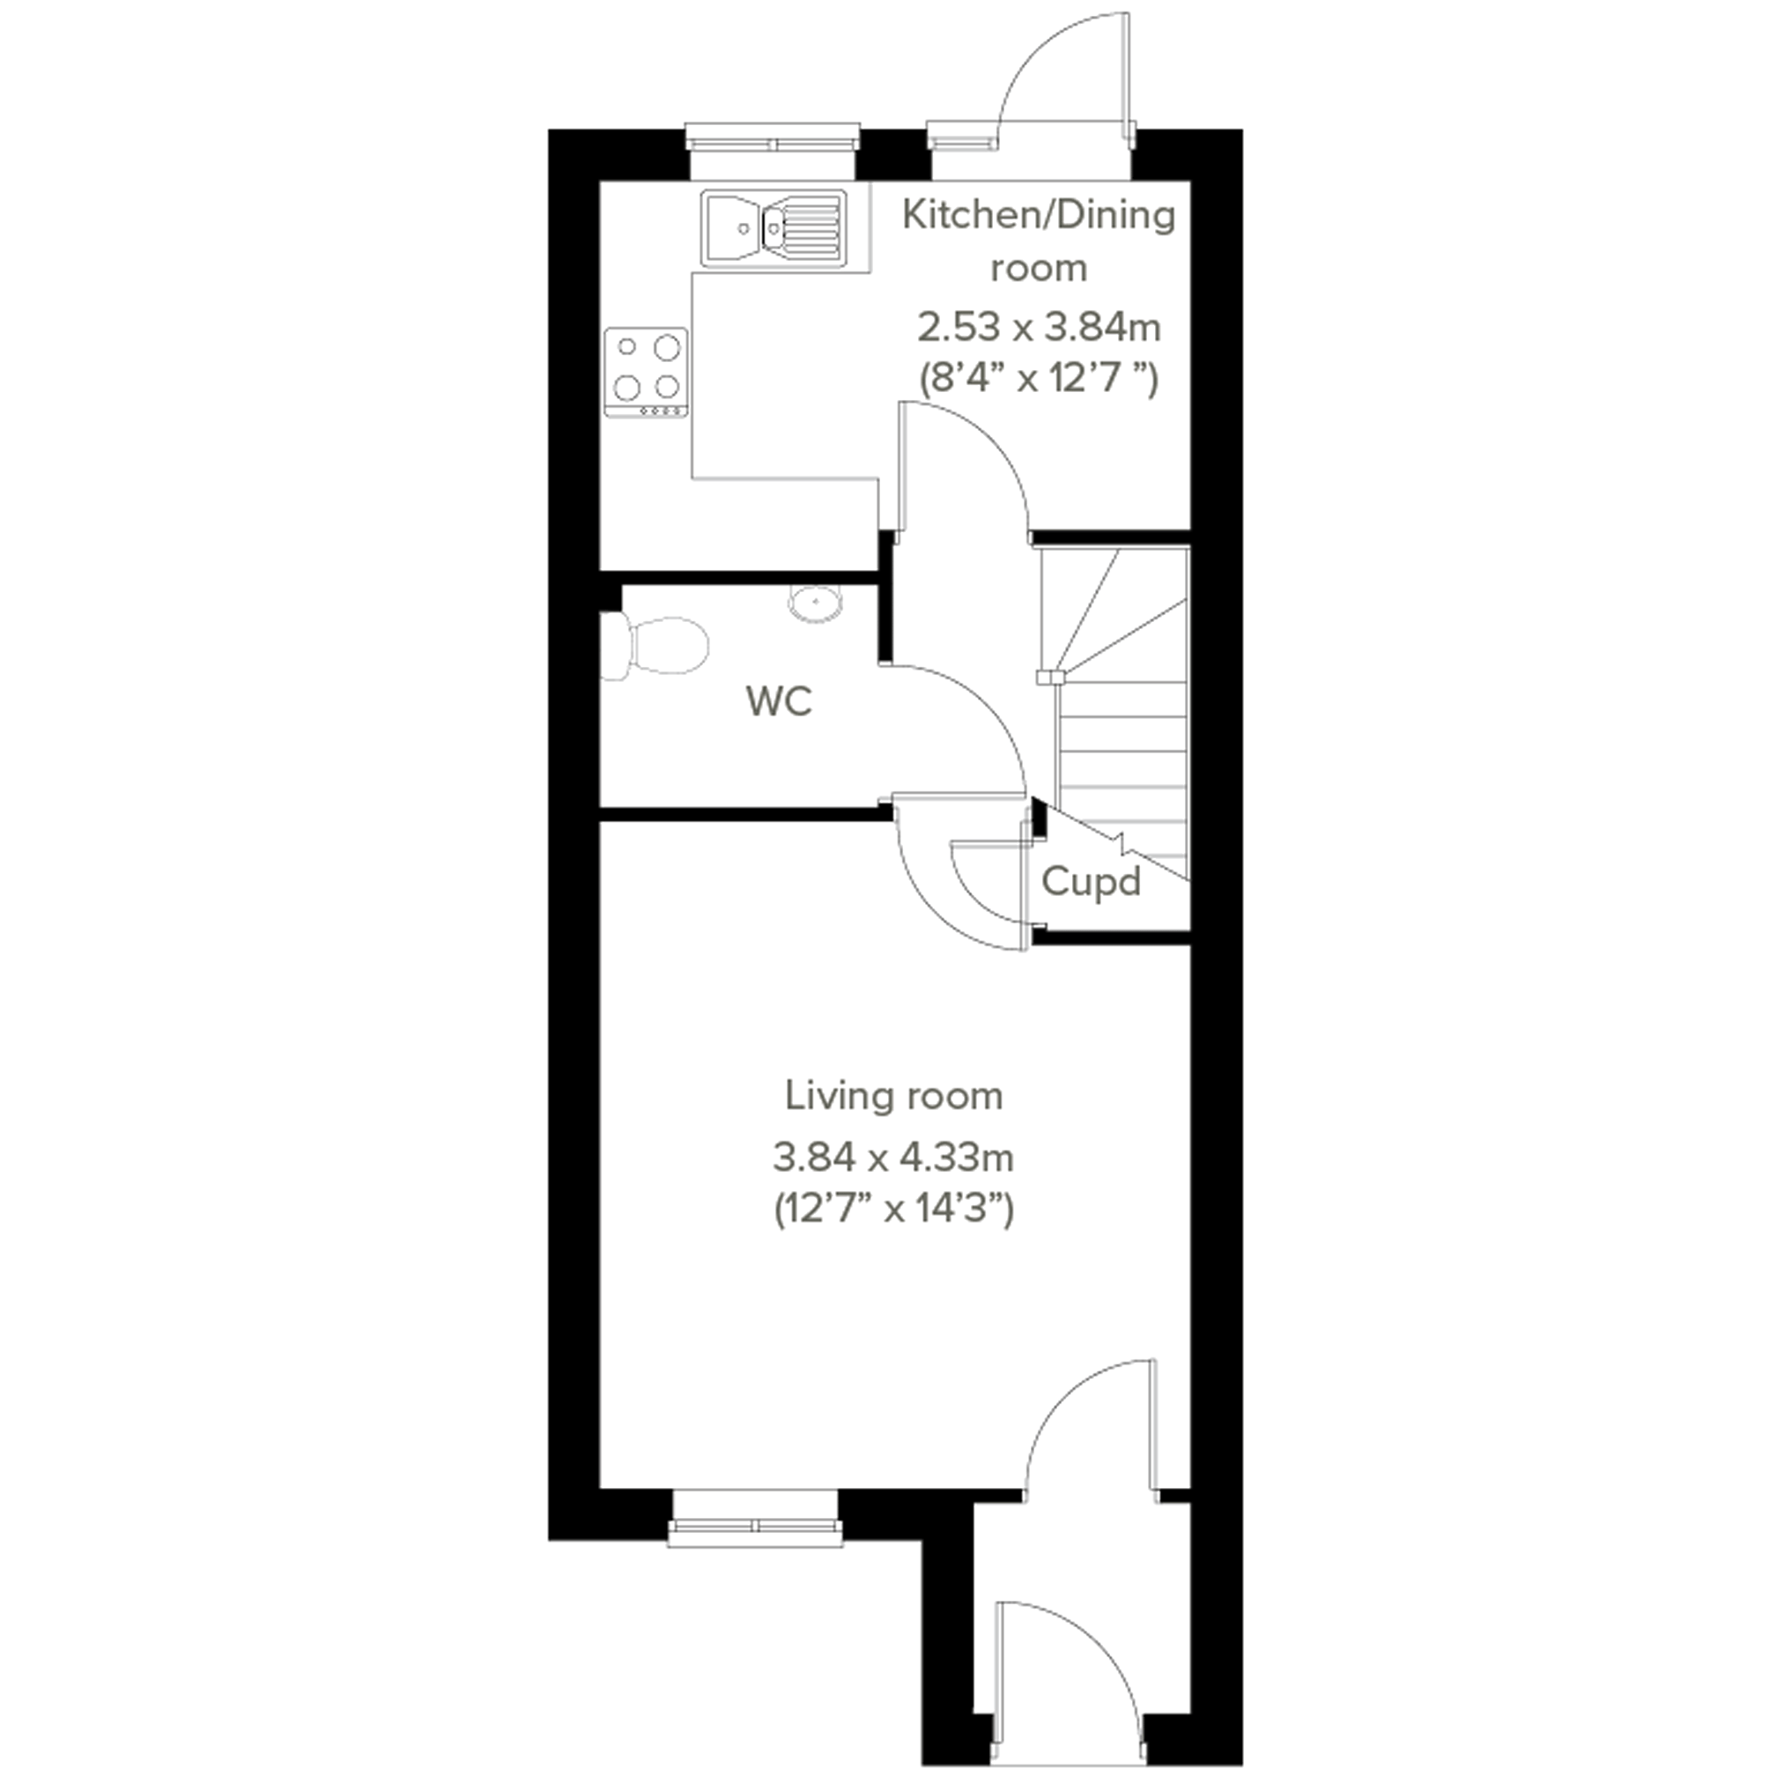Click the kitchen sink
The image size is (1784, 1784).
pos(774,228)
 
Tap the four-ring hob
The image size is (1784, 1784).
pos(647,372)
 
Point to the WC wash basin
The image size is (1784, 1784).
pos(816,602)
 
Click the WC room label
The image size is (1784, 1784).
pos(780,702)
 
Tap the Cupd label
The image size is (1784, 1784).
pos(1091,883)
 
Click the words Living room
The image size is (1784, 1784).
pos(894,1096)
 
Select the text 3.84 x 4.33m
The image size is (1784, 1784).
pos(894,1157)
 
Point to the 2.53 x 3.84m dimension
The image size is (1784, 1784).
pos(1039,326)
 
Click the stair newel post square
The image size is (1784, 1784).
pos(1044,677)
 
